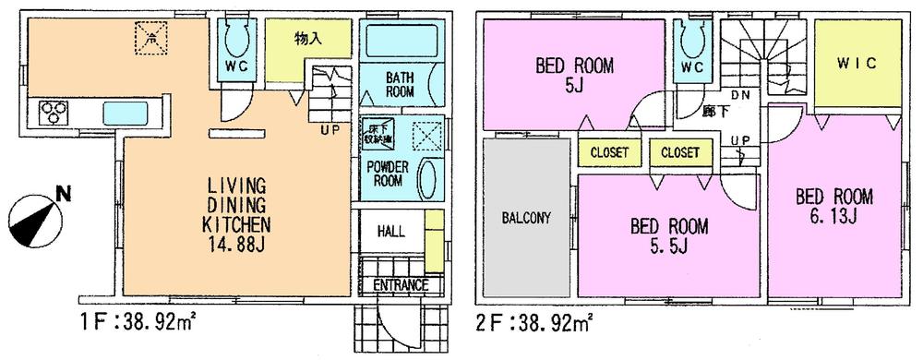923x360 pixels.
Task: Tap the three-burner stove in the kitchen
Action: pos(54,113)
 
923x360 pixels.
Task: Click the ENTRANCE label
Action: pos(401,285)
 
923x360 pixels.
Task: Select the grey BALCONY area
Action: pos(526,219)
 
